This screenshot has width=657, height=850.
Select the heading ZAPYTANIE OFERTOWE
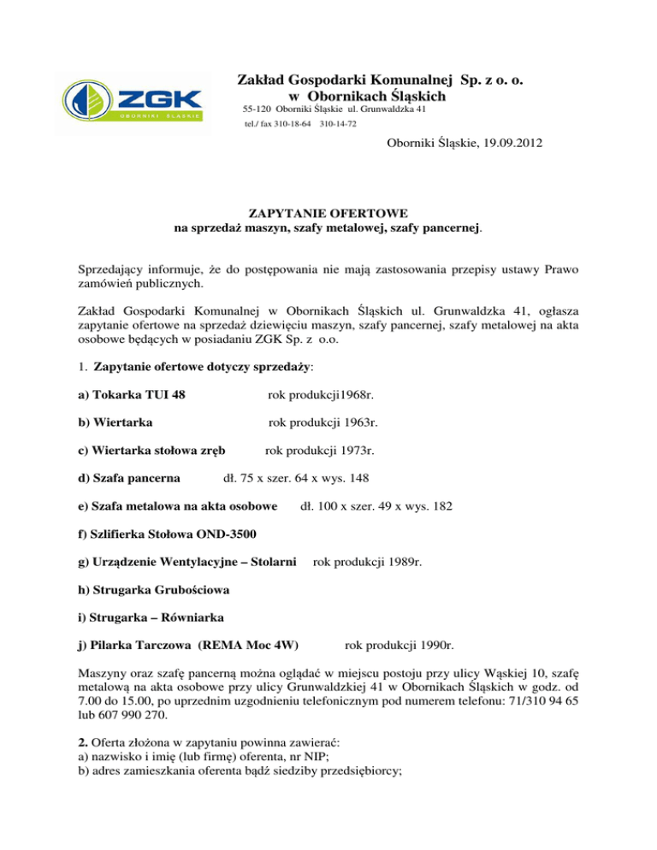[x=328, y=212]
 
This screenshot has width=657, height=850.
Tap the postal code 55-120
[x=259, y=110]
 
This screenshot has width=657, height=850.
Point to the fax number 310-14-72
[x=337, y=125]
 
